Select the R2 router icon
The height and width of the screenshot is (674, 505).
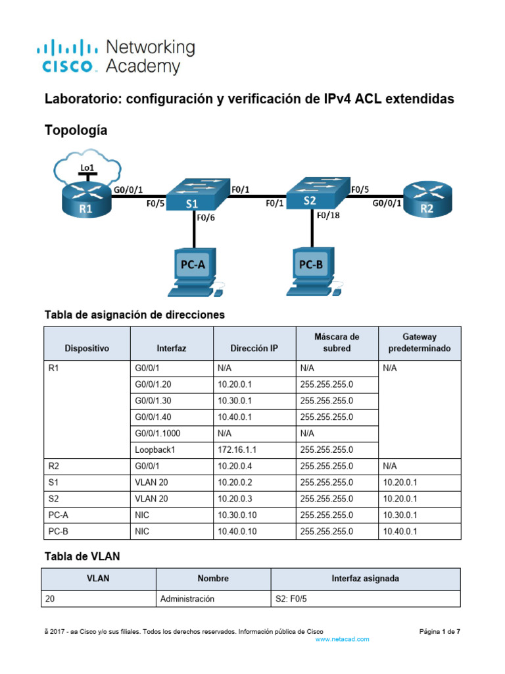coord(427,198)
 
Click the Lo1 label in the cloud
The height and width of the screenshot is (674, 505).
coord(87,168)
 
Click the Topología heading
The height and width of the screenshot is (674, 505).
coord(76,131)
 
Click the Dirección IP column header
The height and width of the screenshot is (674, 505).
coord(254,348)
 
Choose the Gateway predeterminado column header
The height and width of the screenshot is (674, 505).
coord(420,342)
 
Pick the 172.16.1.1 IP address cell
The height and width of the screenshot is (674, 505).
coord(238,450)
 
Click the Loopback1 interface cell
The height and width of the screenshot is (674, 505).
coord(154,450)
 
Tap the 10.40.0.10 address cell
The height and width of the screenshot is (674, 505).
coord(241,531)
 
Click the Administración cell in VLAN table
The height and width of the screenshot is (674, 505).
coord(187,600)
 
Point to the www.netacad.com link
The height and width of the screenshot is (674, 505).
coord(343,639)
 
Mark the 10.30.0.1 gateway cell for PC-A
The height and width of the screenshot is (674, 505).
coord(400,515)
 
